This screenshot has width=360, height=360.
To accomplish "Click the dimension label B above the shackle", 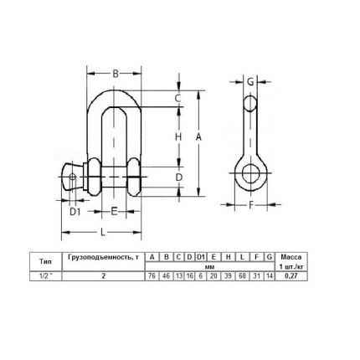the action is [116, 74].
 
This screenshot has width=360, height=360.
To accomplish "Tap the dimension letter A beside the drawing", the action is [198, 137].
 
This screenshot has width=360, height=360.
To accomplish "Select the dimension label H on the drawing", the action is [178, 137].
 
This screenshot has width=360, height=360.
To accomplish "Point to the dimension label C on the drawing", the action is [178, 98].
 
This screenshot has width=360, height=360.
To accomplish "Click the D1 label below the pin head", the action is [75, 212].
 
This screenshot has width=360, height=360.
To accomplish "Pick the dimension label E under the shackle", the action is [114, 211].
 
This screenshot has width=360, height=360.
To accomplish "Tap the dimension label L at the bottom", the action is [103, 232].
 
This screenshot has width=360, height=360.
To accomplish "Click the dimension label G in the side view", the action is [250, 82].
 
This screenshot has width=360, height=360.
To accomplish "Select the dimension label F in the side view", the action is [251, 205].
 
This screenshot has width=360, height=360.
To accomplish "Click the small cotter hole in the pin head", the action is [73, 177].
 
